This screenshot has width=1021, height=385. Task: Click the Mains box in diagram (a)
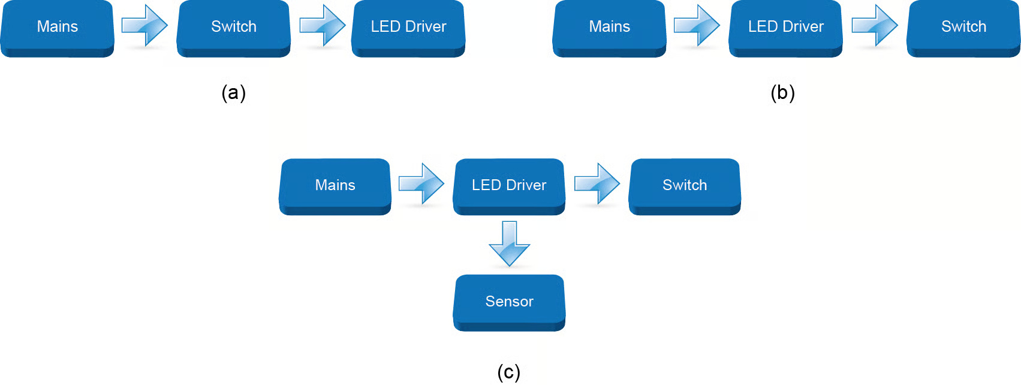pos(58,27)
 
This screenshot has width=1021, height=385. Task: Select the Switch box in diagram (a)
pos(234,27)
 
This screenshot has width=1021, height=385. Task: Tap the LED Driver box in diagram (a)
pos(408,27)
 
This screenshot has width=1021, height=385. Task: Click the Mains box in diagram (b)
pos(609,27)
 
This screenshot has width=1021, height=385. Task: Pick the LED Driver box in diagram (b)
pos(785,27)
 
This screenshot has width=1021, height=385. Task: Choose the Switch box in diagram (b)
pos(963,27)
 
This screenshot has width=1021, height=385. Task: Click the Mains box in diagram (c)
pos(335,185)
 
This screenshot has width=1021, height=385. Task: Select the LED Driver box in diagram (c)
pos(509,185)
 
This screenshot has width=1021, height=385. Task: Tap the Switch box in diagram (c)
pos(685,185)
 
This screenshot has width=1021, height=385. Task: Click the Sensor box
pos(509,302)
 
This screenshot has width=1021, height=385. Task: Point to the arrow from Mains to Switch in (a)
pos(144,25)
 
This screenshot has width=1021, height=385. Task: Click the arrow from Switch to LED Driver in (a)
pos(323,25)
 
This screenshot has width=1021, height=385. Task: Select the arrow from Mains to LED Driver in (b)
pos(697,25)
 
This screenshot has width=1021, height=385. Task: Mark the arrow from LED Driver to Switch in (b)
pos(875,25)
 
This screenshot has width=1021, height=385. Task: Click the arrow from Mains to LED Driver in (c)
pos(421,184)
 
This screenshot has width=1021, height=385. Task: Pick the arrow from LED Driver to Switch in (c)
pos(597,184)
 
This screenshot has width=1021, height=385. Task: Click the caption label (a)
pos(234,93)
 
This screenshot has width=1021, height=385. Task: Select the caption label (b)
pos(783,93)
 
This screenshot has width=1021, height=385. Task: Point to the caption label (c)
pos(509,372)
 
